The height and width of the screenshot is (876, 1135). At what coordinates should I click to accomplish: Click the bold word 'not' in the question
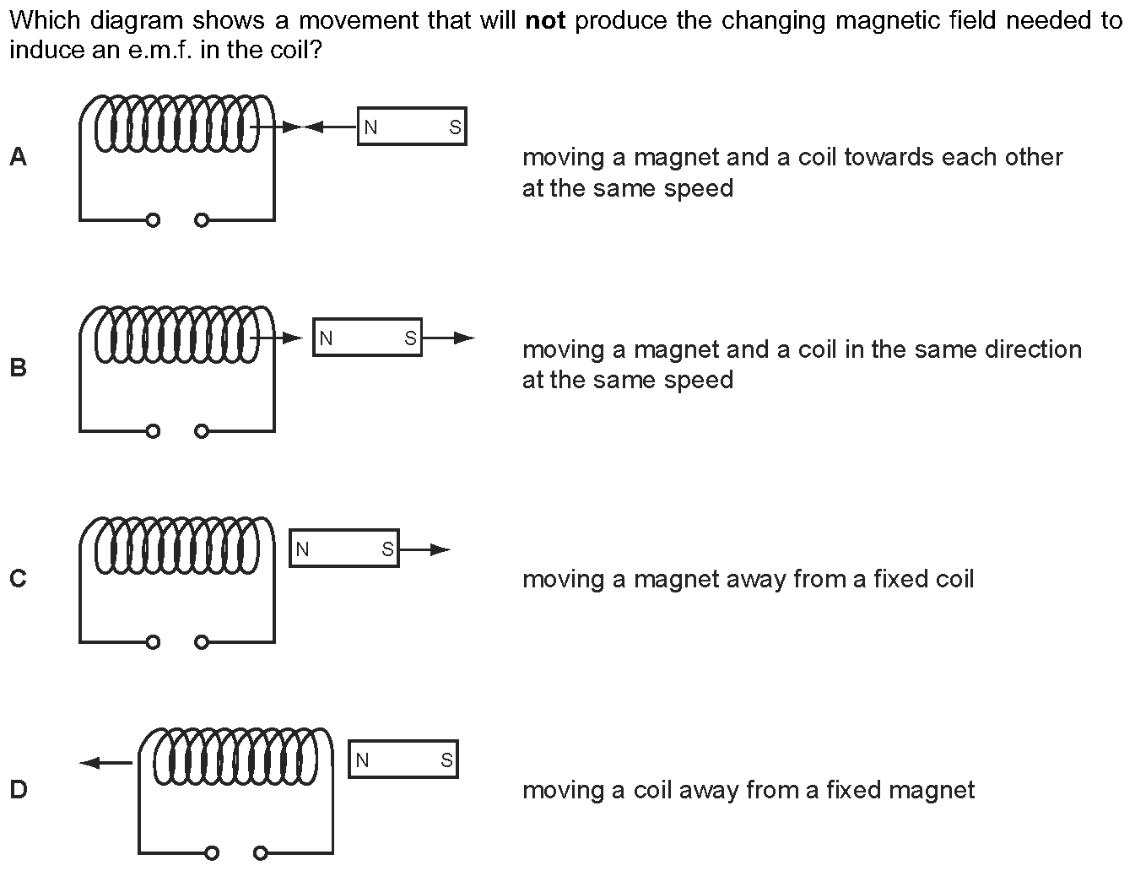545,21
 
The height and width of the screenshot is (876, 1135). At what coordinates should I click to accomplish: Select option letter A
19,157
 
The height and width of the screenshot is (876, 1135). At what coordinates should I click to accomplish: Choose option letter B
19,368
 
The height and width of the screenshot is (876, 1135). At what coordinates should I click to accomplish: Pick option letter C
19,578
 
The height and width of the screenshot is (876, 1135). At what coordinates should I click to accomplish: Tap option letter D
19,789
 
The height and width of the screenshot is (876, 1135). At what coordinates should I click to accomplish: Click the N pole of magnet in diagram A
370,127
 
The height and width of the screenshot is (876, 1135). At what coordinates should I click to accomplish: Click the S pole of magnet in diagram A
455,127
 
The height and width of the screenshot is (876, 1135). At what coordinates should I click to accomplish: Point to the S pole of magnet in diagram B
411,338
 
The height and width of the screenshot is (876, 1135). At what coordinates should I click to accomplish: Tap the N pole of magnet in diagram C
302,549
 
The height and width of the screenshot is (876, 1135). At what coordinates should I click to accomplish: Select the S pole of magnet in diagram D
446,760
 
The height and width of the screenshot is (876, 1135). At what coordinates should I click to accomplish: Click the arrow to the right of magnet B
449,338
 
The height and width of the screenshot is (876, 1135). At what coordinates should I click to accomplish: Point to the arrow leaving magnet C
425,549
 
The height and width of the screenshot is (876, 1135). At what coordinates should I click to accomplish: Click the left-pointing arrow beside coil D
106,763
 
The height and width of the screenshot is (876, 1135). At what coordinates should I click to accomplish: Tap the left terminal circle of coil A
153,220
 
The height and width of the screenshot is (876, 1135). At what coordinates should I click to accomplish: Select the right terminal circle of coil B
202,431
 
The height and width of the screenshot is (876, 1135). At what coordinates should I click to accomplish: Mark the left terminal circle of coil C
153,642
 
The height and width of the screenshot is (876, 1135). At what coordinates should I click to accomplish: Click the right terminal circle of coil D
260,853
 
